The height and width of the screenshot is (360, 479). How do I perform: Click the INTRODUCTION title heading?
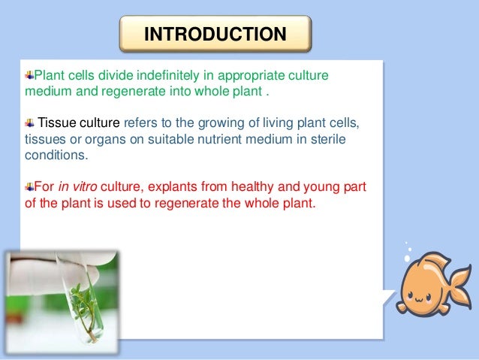pos(215,35)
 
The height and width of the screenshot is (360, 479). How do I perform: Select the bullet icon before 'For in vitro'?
pos(29,186)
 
